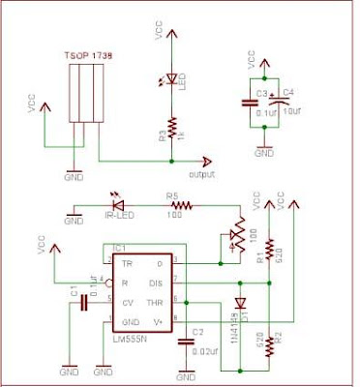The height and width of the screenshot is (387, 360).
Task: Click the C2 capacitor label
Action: [x=197, y=331]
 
